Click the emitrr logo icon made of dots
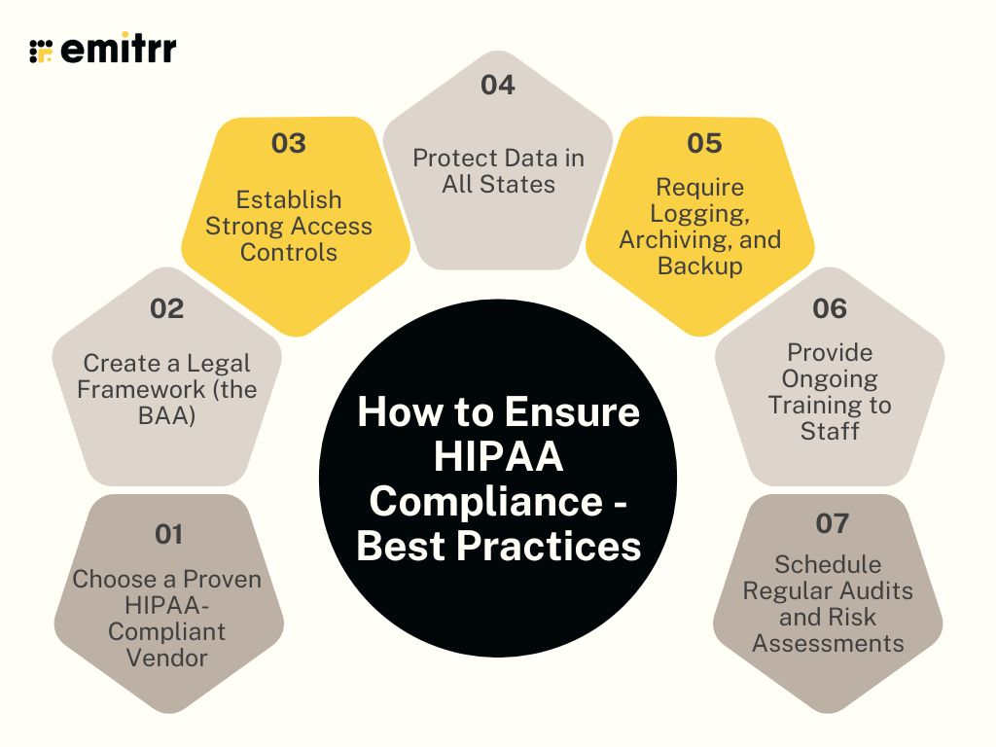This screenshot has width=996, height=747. [x=41, y=51]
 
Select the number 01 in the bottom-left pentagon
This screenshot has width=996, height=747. [x=168, y=534]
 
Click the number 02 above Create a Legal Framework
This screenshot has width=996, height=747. [x=166, y=309]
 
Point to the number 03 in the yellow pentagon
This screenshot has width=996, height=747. [x=288, y=144]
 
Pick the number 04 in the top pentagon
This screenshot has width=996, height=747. [x=497, y=86]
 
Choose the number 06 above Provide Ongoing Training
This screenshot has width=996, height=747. [x=830, y=309]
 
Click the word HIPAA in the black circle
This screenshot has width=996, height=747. [x=498, y=457]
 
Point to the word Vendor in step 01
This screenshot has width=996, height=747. [x=166, y=658]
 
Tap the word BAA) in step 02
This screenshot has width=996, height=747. [x=166, y=415]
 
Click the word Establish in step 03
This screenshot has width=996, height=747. [x=289, y=199]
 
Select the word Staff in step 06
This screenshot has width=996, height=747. [x=830, y=431]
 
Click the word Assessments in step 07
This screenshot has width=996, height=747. [x=828, y=643]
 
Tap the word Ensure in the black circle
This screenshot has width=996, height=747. [x=584, y=412]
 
